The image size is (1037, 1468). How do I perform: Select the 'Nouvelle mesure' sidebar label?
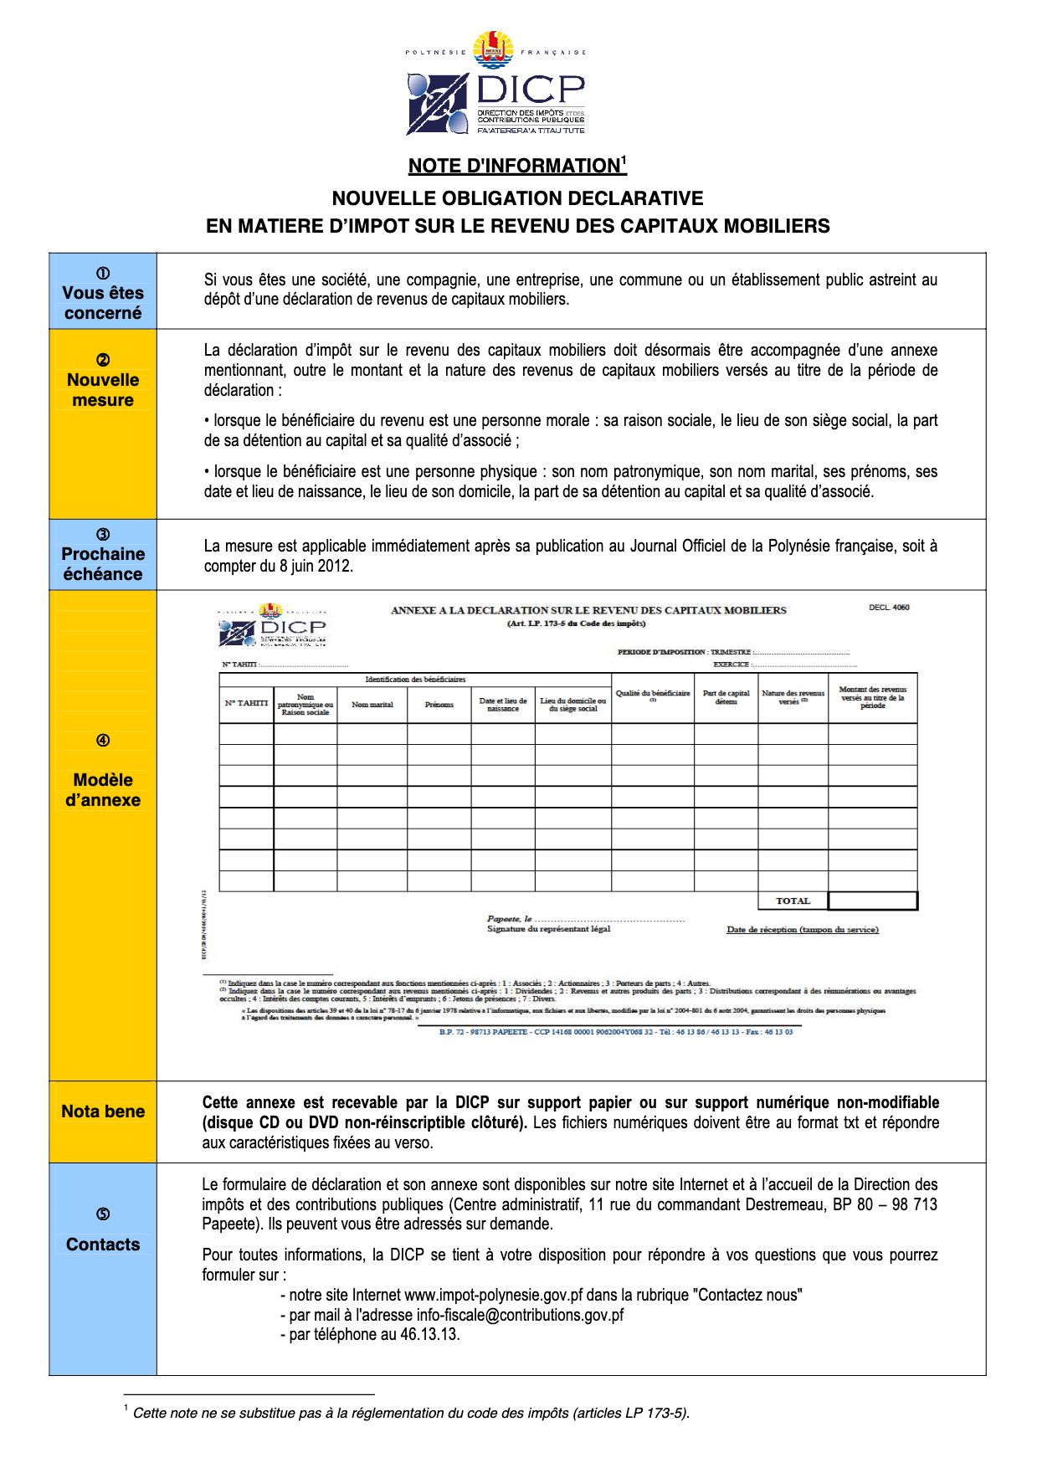point(103,389)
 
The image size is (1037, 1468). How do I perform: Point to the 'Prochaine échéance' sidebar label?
point(103,563)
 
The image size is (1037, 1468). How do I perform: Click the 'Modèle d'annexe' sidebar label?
point(103,789)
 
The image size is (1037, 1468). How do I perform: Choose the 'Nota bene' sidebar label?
point(103,1111)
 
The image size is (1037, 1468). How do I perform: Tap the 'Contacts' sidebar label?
point(103,1244)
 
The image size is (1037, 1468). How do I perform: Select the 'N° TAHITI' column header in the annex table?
point(246,704)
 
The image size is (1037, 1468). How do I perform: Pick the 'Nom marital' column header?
point(372,705)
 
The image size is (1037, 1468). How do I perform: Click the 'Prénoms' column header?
point(439,705)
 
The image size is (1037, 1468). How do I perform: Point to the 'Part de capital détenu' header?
point(726,697)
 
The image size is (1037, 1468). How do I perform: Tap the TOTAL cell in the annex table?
point(793,901)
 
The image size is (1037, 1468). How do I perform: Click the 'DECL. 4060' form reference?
point(889,608)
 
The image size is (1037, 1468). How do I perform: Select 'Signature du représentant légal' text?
point(549,929)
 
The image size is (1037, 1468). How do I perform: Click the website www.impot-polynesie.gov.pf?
point(493,1295)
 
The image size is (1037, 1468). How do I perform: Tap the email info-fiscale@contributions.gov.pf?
point(520,1315)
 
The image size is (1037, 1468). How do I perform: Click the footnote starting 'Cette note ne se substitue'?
point(410,1413)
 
